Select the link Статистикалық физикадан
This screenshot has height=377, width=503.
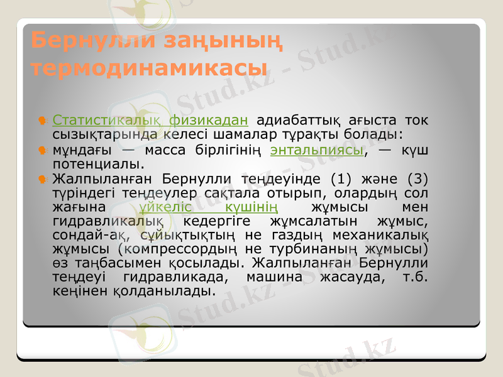[x=150, y=119]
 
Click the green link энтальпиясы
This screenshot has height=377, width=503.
[x=317, y=151]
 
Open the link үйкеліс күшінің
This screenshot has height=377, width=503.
[x=211, y=207]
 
